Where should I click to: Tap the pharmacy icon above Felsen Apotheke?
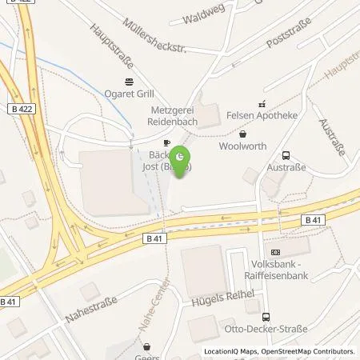pyautogui.click(x=261, y=103)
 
